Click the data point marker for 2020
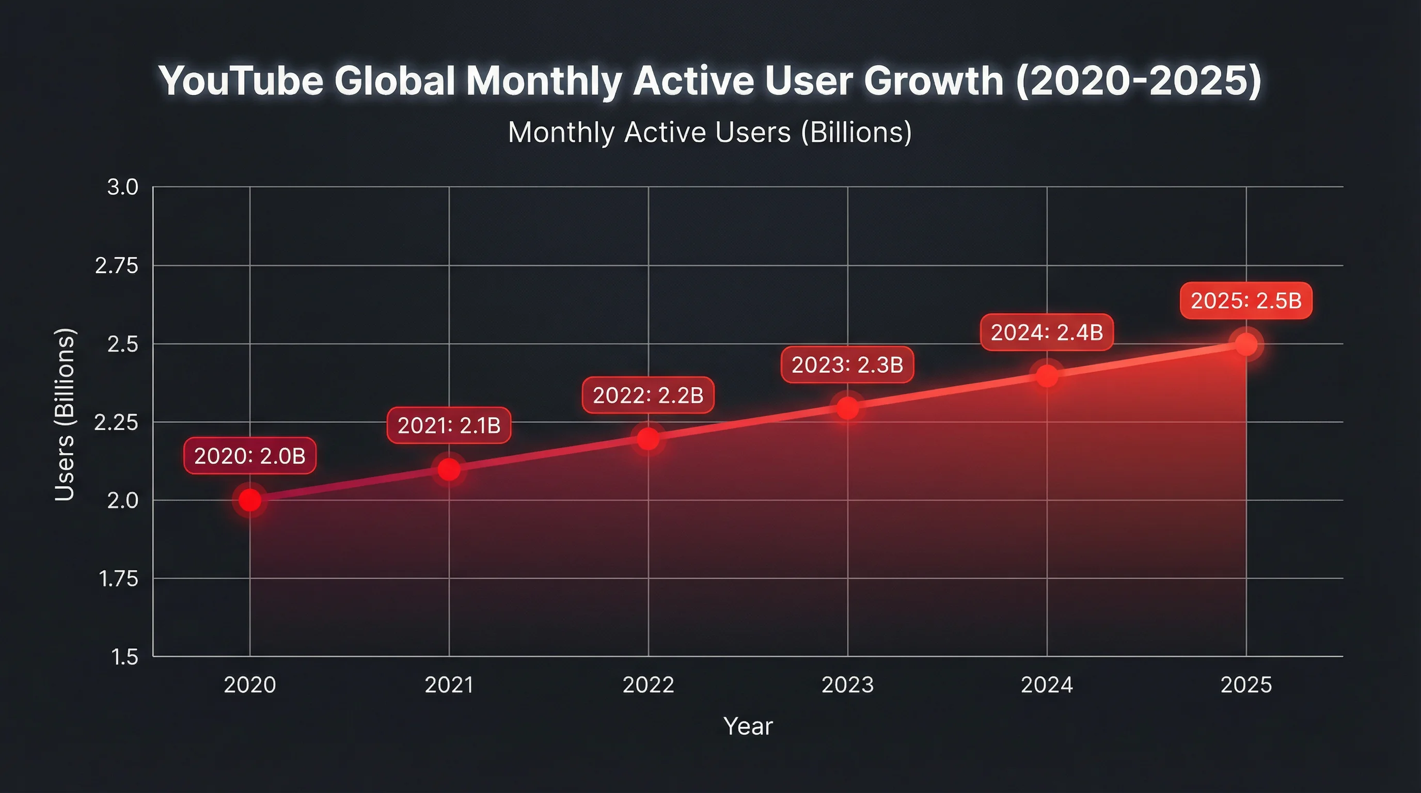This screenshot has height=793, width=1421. [x=250, y=500]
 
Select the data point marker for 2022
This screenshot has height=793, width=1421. [x=648, y=439]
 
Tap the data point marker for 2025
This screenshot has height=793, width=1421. [x=1246, y=345]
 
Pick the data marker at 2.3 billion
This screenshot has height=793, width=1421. [x=848, y=408]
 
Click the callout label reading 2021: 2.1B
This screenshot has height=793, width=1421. [x=449, y=425]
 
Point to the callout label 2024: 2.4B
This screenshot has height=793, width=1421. [x=1047, y=332]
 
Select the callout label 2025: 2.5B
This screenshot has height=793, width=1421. [x=1245, y=300]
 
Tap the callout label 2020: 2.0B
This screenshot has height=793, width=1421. [x=250, y=455]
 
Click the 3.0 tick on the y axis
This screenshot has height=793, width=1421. [x=122, y=187]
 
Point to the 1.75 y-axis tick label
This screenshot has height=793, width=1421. [x=118, y=579]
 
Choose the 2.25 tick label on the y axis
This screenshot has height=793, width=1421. [x=116, y=422]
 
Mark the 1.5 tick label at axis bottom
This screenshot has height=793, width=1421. [x=124, y=657]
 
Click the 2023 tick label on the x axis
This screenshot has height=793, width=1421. [x=847, y=685]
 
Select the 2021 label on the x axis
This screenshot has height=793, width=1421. [x=449, y=685]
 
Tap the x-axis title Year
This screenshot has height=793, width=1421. [x=748, y=726]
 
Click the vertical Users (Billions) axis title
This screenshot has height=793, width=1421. [x=65, y=414]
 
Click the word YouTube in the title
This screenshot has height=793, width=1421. [x=241, y=81]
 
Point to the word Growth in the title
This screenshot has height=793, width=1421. [x=934, y=81]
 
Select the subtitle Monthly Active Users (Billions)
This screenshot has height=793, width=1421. [x=709, y=132]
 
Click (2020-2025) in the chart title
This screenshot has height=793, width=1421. [x=1139, y=81]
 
